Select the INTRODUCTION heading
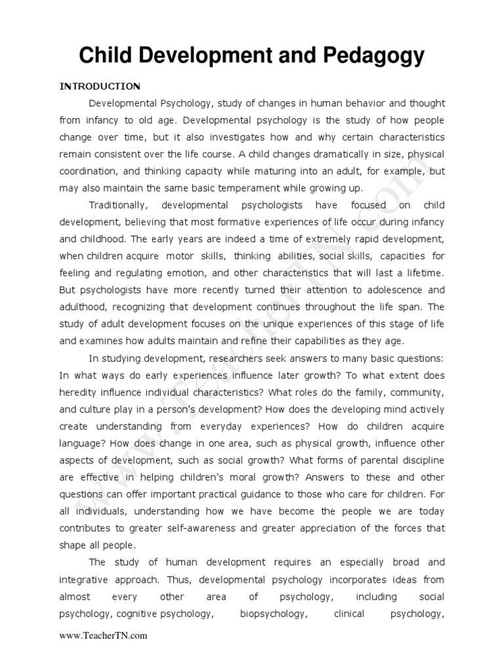[100, 86]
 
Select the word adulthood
[86, 307]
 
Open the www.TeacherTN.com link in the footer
[103, 636]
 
